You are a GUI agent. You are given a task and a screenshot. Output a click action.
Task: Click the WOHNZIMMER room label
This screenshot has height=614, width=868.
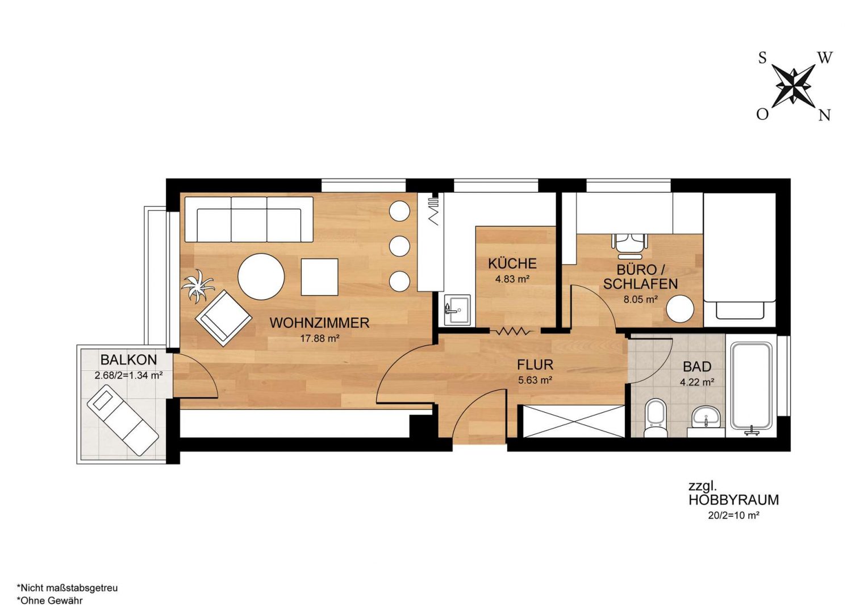(319, 323)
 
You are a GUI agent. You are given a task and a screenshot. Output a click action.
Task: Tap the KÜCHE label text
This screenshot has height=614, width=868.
(512, 264)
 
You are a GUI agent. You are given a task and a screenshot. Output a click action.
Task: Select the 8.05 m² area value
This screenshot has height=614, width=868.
(641, 300)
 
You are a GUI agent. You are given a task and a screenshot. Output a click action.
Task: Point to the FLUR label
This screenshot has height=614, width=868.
(535, 364)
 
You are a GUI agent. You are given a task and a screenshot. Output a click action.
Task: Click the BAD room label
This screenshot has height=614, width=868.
(697, 367)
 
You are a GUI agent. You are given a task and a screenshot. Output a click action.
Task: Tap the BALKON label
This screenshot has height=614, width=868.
(128, 360)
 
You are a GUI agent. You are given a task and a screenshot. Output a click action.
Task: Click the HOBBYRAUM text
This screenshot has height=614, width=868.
(733, 500)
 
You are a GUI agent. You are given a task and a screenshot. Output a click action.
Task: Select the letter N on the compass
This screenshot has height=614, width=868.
(824, 115)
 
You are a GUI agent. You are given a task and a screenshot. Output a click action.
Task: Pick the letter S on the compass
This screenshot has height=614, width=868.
(762, 58)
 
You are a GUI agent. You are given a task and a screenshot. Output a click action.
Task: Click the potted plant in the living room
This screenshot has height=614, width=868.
(198, 286)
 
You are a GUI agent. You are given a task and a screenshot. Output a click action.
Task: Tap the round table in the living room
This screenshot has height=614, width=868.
(261, 276)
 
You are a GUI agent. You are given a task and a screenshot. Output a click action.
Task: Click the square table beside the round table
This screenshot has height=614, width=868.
(319, 277)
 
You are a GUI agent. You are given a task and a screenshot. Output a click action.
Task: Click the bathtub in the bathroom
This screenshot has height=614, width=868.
(752, 387)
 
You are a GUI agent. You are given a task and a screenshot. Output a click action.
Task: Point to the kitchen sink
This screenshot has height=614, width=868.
(457, 309)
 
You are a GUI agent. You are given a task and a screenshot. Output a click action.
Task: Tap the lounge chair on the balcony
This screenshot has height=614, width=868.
(123, 422)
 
